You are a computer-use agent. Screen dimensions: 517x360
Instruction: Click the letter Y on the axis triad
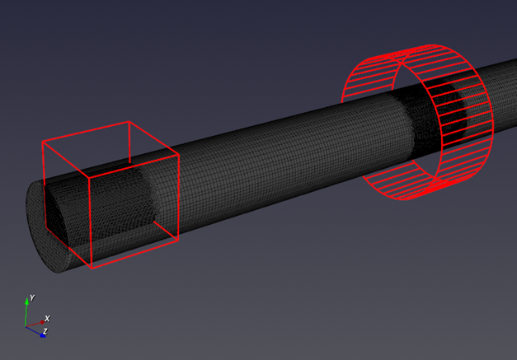click(x=32, y=297)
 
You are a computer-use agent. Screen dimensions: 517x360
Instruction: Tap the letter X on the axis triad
click(x=47, y=319)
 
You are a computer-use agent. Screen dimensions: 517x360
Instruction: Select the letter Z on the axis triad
click(x=45, y=331)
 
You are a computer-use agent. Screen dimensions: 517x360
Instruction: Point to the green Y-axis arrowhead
click(x=26, y=301)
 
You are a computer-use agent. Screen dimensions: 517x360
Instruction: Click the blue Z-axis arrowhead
click(x=43, y=335)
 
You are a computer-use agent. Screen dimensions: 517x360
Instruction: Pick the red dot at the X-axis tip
click(x=42, y=322)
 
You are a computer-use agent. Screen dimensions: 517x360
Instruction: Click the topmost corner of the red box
click(x=129, y=122)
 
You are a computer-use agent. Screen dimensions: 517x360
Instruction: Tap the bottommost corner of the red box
click(x=92, y=268)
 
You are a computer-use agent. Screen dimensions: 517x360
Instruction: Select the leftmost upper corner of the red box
click(x=43, y=142)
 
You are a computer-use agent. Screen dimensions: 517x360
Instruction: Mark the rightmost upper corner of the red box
click(x=179, y=155)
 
